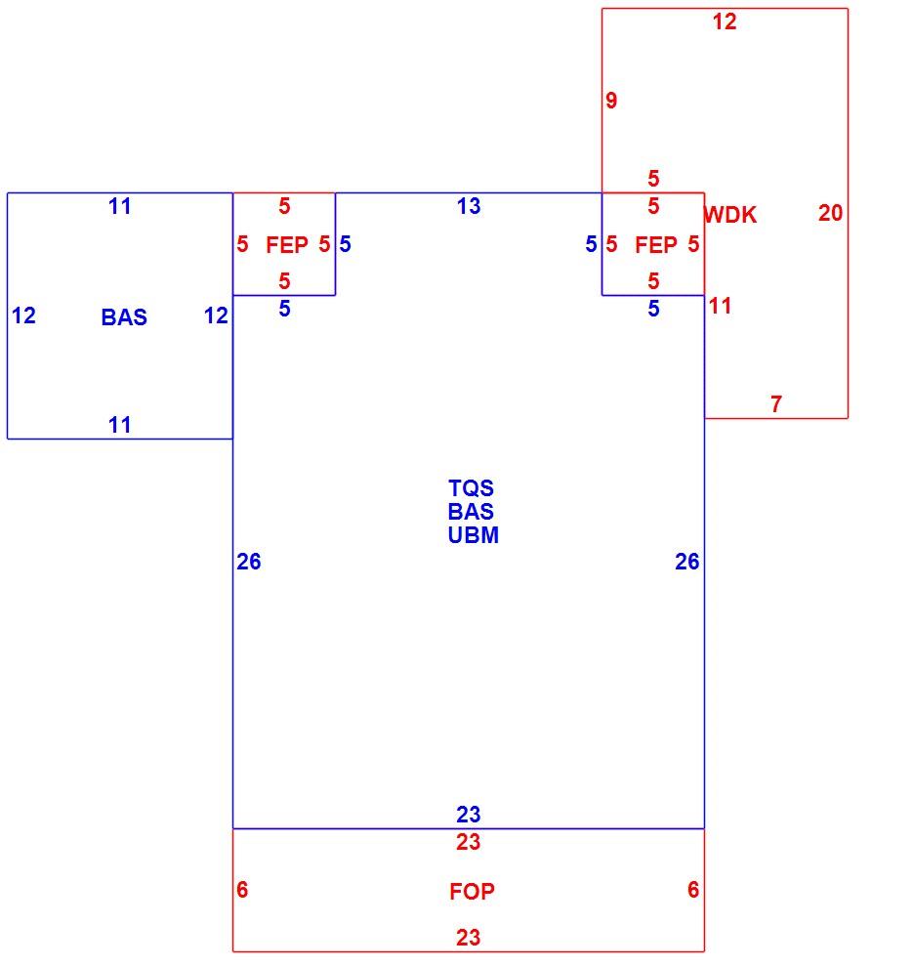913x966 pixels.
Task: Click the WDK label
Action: coord(730,215)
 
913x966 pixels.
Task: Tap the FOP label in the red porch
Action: coord(472,892)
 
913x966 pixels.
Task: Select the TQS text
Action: coord(472,488)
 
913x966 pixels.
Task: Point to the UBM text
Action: coord(474,534)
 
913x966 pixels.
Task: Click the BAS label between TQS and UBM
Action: coord(471,512)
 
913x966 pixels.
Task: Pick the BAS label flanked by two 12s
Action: coord(124,317)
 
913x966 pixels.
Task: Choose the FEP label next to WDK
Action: coord(656,245)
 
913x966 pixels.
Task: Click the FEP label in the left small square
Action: coord(287,245)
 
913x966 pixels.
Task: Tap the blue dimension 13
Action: coord(469,206)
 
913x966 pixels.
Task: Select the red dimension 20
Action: coord(830,213)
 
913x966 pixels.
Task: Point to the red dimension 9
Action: coord(611,101)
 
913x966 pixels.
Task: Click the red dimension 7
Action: coord(776,404)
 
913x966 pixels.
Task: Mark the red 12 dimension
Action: coord(725,22)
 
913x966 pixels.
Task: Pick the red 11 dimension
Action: coord(721,306)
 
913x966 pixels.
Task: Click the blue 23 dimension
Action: coord(468,815)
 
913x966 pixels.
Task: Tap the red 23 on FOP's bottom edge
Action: coord(468,938)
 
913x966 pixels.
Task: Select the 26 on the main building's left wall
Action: coord(249,562)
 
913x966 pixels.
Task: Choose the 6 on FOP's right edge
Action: coord(693,890)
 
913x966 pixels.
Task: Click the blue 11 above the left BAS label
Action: coord(119,206)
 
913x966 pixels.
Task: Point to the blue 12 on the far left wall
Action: coord(24,316)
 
